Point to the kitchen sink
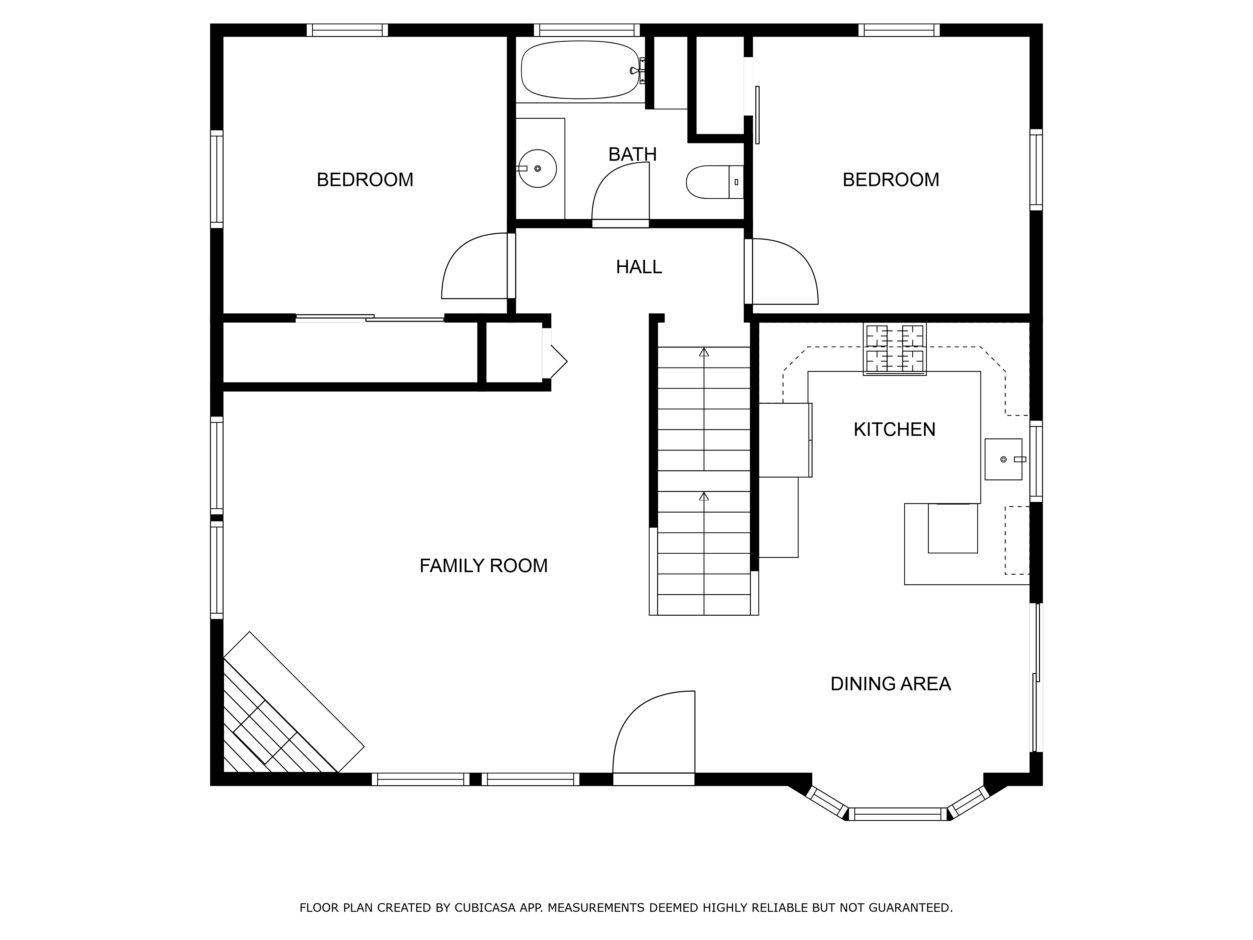pos(1003,459)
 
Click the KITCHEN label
pos(894,430)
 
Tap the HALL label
pos(639,267)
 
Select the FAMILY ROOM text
pos(484,566)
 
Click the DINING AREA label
pos(891,684)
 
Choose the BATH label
pos(633,154)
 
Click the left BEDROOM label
pos(365,180)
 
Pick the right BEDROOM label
pos(891,180)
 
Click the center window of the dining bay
pos(898,814)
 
